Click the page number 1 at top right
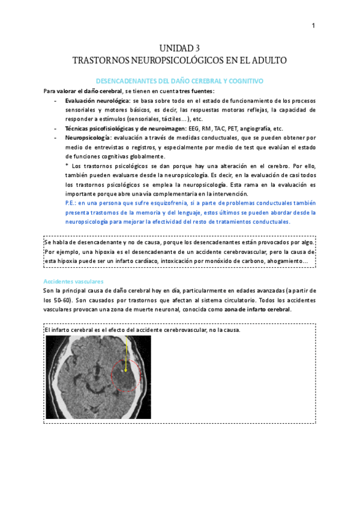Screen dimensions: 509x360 pos(313,25)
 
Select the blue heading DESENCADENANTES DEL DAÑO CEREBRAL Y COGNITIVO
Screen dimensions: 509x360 pos(180,80)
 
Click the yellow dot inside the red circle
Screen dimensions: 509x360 pos(125,370)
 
